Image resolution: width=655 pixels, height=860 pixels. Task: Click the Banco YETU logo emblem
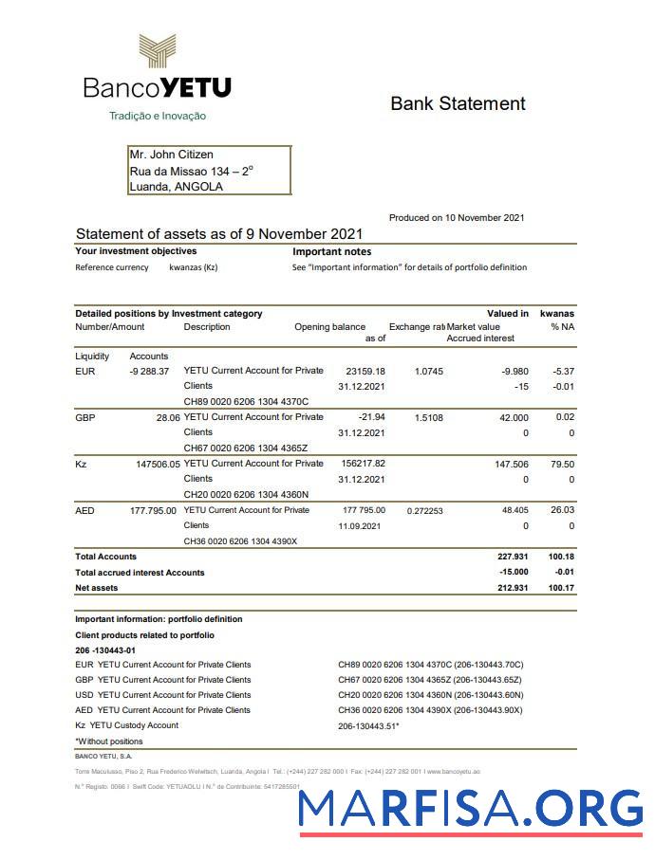click(157, 54)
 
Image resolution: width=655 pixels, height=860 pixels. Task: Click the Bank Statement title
click(458, 103)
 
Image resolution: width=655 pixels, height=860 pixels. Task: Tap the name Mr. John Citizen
click(171, 155)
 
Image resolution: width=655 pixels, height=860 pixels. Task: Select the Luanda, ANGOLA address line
click(176, 187)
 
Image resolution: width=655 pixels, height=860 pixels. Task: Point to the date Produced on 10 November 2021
click(457, 218)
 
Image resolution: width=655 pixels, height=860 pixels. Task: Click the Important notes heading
click(331, 252)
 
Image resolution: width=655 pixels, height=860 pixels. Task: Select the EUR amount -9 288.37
click(149, 371)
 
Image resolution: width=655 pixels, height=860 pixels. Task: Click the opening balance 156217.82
click(363, 464)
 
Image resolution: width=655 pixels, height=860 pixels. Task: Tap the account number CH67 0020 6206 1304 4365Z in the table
click(246, 448)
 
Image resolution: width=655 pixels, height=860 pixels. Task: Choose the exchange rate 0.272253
click(424, 510)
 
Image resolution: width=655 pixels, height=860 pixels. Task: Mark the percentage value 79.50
click(562, 464)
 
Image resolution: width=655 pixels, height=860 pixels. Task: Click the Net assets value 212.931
click(506, 588)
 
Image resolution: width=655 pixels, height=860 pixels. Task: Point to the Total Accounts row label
click(105, 557)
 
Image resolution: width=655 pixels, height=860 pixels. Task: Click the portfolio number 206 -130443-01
click(105, 650)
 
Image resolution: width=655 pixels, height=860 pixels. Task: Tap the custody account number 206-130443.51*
click(368, 726)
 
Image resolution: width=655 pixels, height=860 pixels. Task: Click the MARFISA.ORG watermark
click(470, 808)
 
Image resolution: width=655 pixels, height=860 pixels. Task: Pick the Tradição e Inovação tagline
click(158, 116)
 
